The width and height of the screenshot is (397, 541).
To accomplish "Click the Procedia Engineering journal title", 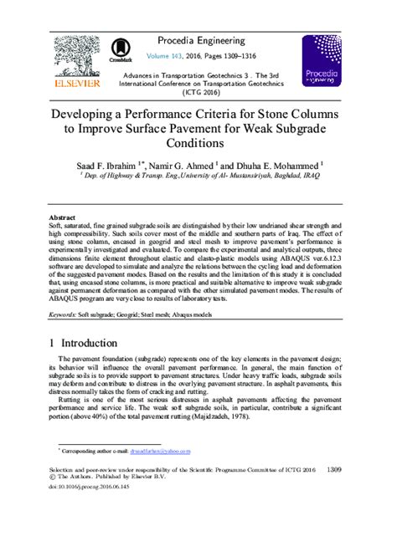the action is [207, 41].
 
